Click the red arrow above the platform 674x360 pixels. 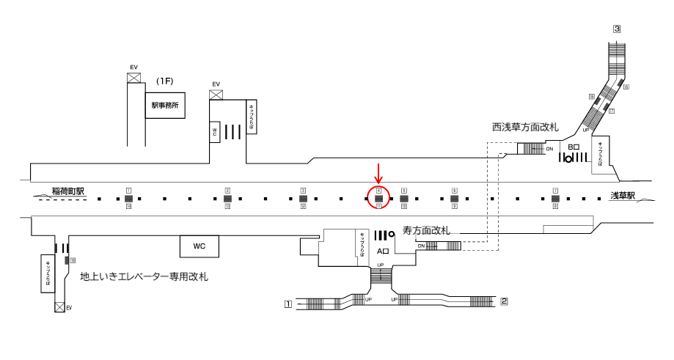(378, 174)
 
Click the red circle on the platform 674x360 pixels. (378, 198)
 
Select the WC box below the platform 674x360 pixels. (199, 246)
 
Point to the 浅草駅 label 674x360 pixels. (623, 196)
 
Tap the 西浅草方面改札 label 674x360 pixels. (525, 128)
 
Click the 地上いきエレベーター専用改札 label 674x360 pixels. (144, 276)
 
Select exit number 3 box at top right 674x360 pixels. (618, 29)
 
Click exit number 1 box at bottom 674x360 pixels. (288, 302)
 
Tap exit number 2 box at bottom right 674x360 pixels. (504, 301)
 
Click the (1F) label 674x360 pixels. (164, 80)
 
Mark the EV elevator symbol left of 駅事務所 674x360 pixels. (133, 77)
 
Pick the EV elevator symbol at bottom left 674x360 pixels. (59, 307)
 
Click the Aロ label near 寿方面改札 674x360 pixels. (383, 251)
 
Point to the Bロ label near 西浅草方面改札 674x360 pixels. (574, 147)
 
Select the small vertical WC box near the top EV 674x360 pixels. (215, 132)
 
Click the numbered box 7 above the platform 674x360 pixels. (555, 191)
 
